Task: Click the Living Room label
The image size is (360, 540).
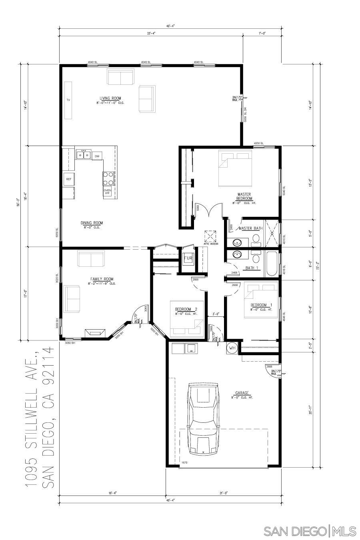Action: (x=110, y=98)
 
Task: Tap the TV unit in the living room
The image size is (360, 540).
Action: (x=68, y=100)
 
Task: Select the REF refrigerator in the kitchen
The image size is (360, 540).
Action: (x=69, y=179)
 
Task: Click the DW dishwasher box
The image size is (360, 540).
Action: (x=97, y=156)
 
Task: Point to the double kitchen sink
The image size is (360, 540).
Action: (x=84, y=154)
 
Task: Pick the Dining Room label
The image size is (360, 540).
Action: (x=92, y=223)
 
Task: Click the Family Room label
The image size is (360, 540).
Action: (x=102, y=279)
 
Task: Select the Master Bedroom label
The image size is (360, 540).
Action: (x=244, y=196)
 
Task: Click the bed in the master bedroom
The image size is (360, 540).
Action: (x=235, y=168)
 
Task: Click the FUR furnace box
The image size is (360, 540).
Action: (x=188, y=259)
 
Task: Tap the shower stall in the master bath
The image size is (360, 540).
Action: (x=272, y=233)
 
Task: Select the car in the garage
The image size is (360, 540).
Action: (x=203, y=418)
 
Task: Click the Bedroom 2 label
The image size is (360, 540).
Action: (x=186, y=309)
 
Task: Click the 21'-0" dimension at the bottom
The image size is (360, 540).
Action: (x=223, y=493)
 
